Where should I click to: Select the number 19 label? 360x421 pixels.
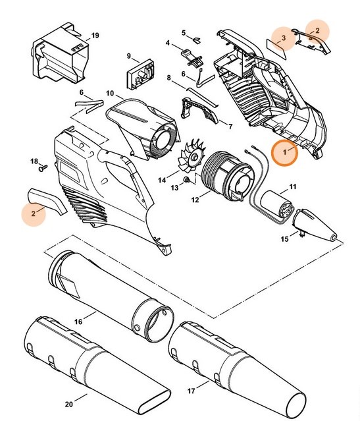point(95,34)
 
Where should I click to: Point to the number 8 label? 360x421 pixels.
point(169,78)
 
